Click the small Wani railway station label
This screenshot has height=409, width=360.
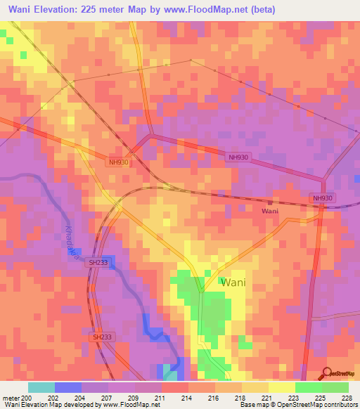coord(270,211)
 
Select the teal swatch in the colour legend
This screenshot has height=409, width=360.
coord(41,387)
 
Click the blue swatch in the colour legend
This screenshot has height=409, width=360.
coord(68,387)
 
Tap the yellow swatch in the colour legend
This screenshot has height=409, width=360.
coord(281,387)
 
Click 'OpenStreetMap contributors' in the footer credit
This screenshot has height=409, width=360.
coord(317,405)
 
